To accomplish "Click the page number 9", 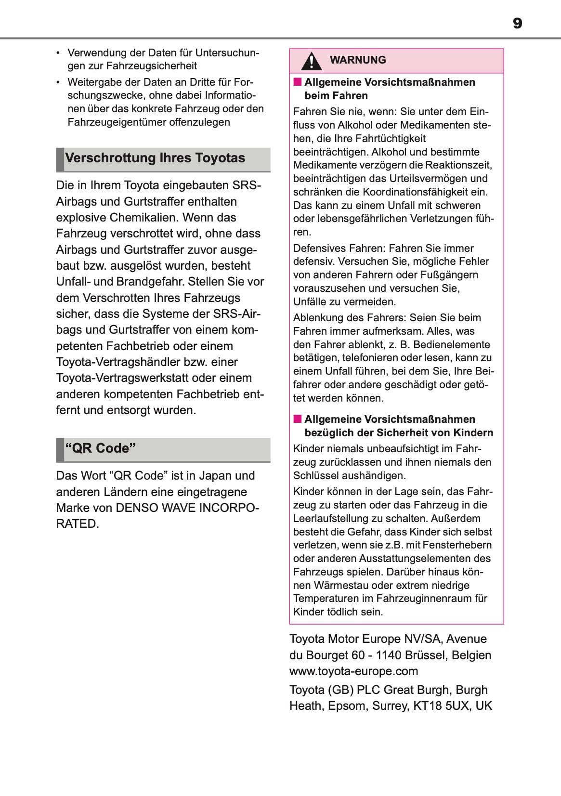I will tap(517, 23).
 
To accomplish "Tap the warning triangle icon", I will tap(312, 61).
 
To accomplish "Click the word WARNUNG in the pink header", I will tap(358, 60).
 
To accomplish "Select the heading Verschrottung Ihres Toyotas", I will tap(155, 158).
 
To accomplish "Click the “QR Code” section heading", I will tap(101, 448).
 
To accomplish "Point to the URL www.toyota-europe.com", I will tap(353, 671).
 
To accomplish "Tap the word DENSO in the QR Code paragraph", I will tap(137, 508).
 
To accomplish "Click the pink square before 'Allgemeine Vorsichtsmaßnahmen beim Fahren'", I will tap(298, 82).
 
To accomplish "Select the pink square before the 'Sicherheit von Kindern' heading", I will tap(298, 419).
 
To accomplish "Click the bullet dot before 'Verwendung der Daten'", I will tap(58, 52).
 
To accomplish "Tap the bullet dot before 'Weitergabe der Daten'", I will tap(58, 82).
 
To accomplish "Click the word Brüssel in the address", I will tap(430, 655).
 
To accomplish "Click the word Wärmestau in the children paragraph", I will tap(339, 586).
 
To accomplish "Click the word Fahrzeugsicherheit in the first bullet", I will tap(152, 66).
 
